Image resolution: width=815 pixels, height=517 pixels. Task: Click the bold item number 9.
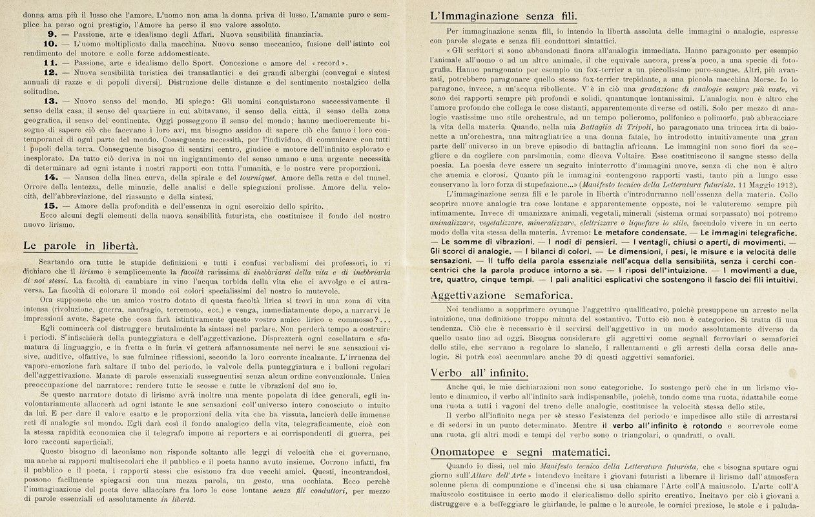(53, 34)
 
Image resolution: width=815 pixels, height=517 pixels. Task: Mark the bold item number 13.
(51, 101)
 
